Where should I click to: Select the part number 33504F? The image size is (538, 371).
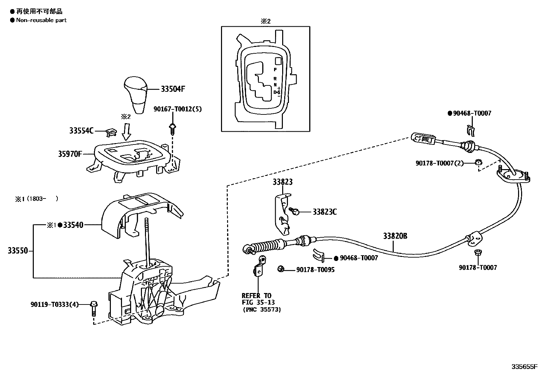(173, 89)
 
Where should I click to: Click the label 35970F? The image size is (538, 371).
(70, 154)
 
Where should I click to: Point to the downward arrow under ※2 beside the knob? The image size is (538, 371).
(126, 132)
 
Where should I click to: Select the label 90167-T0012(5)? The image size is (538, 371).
(177, 109)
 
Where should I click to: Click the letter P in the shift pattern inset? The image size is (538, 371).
(275, 69)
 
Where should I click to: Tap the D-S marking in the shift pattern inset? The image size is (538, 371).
(276, 92)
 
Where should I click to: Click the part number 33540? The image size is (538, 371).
(73, 225)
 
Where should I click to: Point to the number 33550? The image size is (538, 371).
(17, 251)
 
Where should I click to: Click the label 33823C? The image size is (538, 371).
(324, 212)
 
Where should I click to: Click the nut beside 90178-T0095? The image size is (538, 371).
(280, 269)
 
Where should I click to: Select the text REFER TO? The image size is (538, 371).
(256, 296)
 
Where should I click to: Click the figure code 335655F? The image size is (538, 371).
(523, 366)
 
